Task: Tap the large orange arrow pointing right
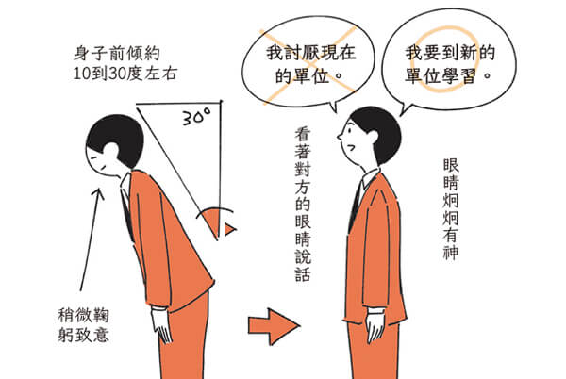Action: tap(275, 325)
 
